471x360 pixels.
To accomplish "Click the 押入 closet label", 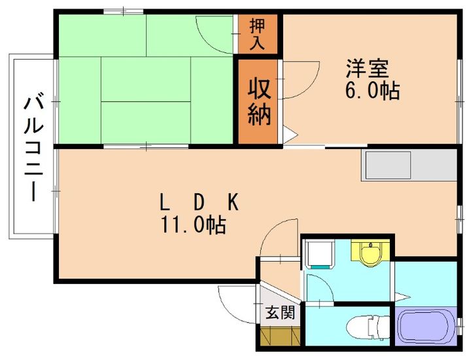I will [x=257, y=35].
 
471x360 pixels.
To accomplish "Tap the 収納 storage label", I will [x=258, y=101].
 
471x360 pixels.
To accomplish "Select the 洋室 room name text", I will [x=368, y=68].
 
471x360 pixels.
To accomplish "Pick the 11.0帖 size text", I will [x=194, y=226].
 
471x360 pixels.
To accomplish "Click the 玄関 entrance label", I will [x=280, y=313].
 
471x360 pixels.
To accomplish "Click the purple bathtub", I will [x=426, y=327].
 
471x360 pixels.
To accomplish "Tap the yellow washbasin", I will [x=370, y=253].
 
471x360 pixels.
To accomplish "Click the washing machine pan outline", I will [x=320, y=255].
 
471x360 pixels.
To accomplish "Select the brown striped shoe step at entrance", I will [x=279, y=336].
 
